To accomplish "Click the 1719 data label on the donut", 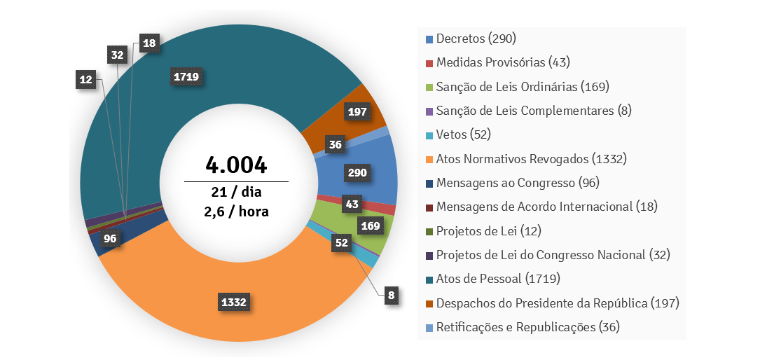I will [186, 76].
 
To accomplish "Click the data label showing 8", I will [392, 295].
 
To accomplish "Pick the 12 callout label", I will [86, 80].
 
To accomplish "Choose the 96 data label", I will [110, 238].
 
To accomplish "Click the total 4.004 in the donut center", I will [236, 165].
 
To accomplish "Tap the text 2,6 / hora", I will [236, 211].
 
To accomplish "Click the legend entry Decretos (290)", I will [476, 39].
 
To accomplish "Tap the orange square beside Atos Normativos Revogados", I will [429, 159].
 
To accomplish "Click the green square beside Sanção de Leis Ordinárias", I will [429, 87].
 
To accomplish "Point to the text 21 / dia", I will [236, 192].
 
